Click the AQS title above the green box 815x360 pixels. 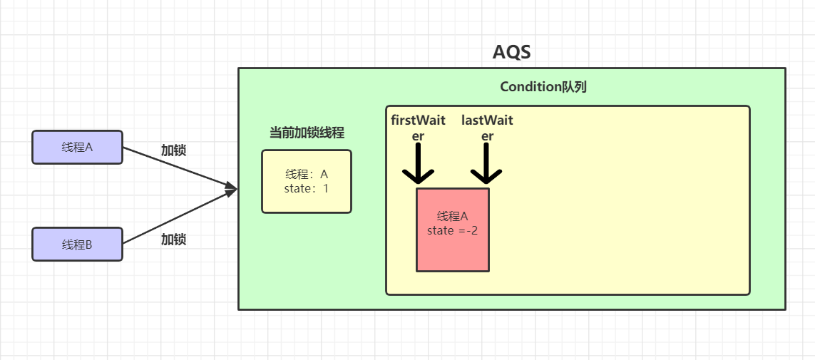click(x=511, y=52)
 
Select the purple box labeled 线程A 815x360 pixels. click(x=77, y=148)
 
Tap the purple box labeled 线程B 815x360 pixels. click(x=77, y=245)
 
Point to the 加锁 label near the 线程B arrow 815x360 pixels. click(x=173, y=240)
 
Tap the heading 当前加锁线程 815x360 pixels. click(x=307, y=133)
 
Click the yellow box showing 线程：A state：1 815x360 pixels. click(x=307, y=181)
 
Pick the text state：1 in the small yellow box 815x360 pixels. click(x=307, y=189)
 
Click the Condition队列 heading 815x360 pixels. click(x=543, y=87)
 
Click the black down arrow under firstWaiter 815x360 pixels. click(x=418, y=164)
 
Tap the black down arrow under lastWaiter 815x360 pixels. click(x=486, y=164)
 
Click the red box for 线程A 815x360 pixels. click(x=453, y=230)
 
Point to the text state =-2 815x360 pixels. click(x=453, y=230)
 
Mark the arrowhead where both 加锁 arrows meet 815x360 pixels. click(x=231, y=189)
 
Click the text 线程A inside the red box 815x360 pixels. click(x=453, y=217)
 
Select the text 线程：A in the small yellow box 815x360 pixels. click(x=307, y=175)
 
